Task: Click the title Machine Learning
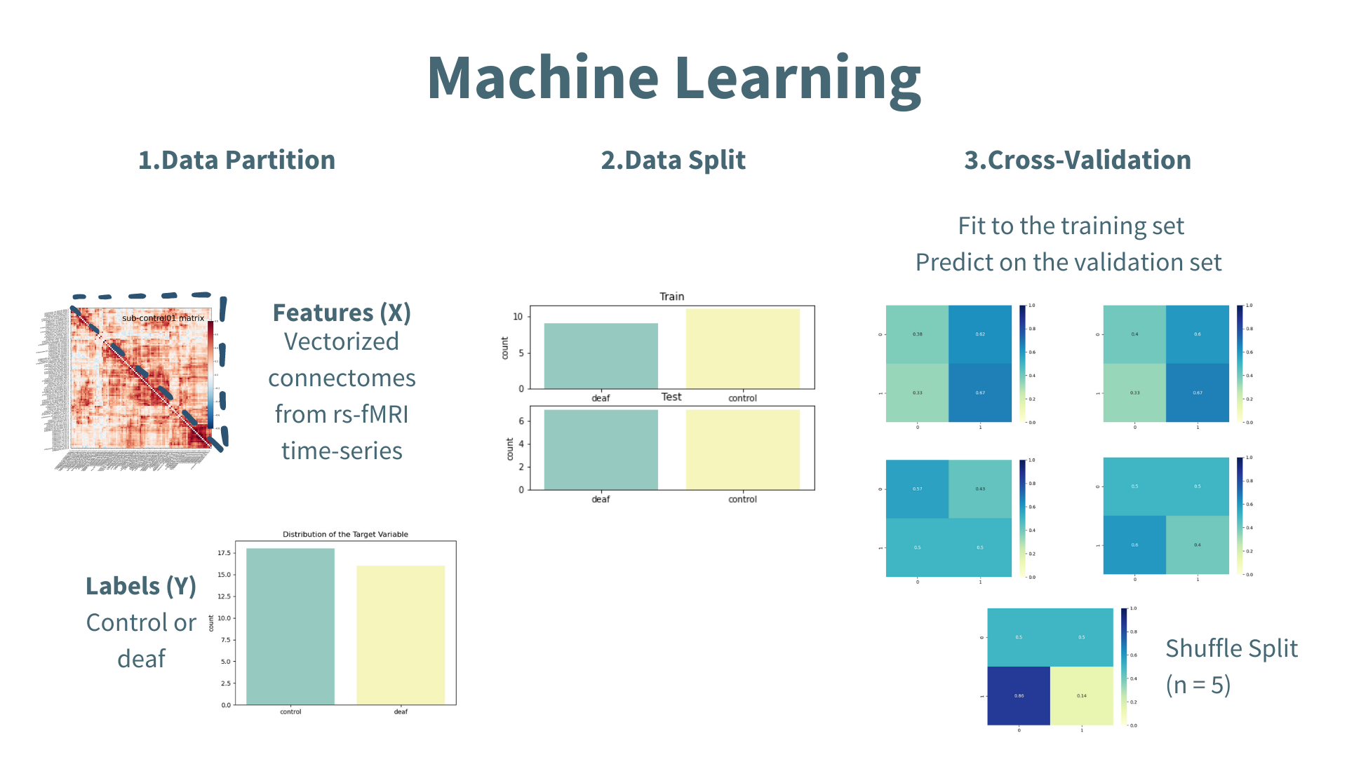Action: point(673,79)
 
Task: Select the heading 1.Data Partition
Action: point(236,160)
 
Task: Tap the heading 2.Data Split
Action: point(673,160)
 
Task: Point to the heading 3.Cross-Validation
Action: point(1077,160)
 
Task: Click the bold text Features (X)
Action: point(342,313)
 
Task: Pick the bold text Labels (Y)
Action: point(140,586)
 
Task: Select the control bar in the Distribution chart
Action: point(290,626)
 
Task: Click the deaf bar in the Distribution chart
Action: point(401,634)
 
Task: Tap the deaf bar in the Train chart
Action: point(601,355)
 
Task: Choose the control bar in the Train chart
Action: point(742,348)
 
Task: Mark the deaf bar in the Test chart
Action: point(601,449)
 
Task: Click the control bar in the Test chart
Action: point(742,449)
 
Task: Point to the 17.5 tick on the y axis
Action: point(224,553)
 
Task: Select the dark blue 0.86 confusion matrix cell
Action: point(1019,695)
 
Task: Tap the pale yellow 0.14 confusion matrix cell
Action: point(1081,695)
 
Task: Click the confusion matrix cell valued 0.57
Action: point(917,489)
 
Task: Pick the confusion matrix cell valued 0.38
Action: point(917,334)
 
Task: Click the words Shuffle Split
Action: point(1231,648)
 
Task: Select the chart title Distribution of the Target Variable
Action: point(345,534)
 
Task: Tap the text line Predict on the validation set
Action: point(1068,262)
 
